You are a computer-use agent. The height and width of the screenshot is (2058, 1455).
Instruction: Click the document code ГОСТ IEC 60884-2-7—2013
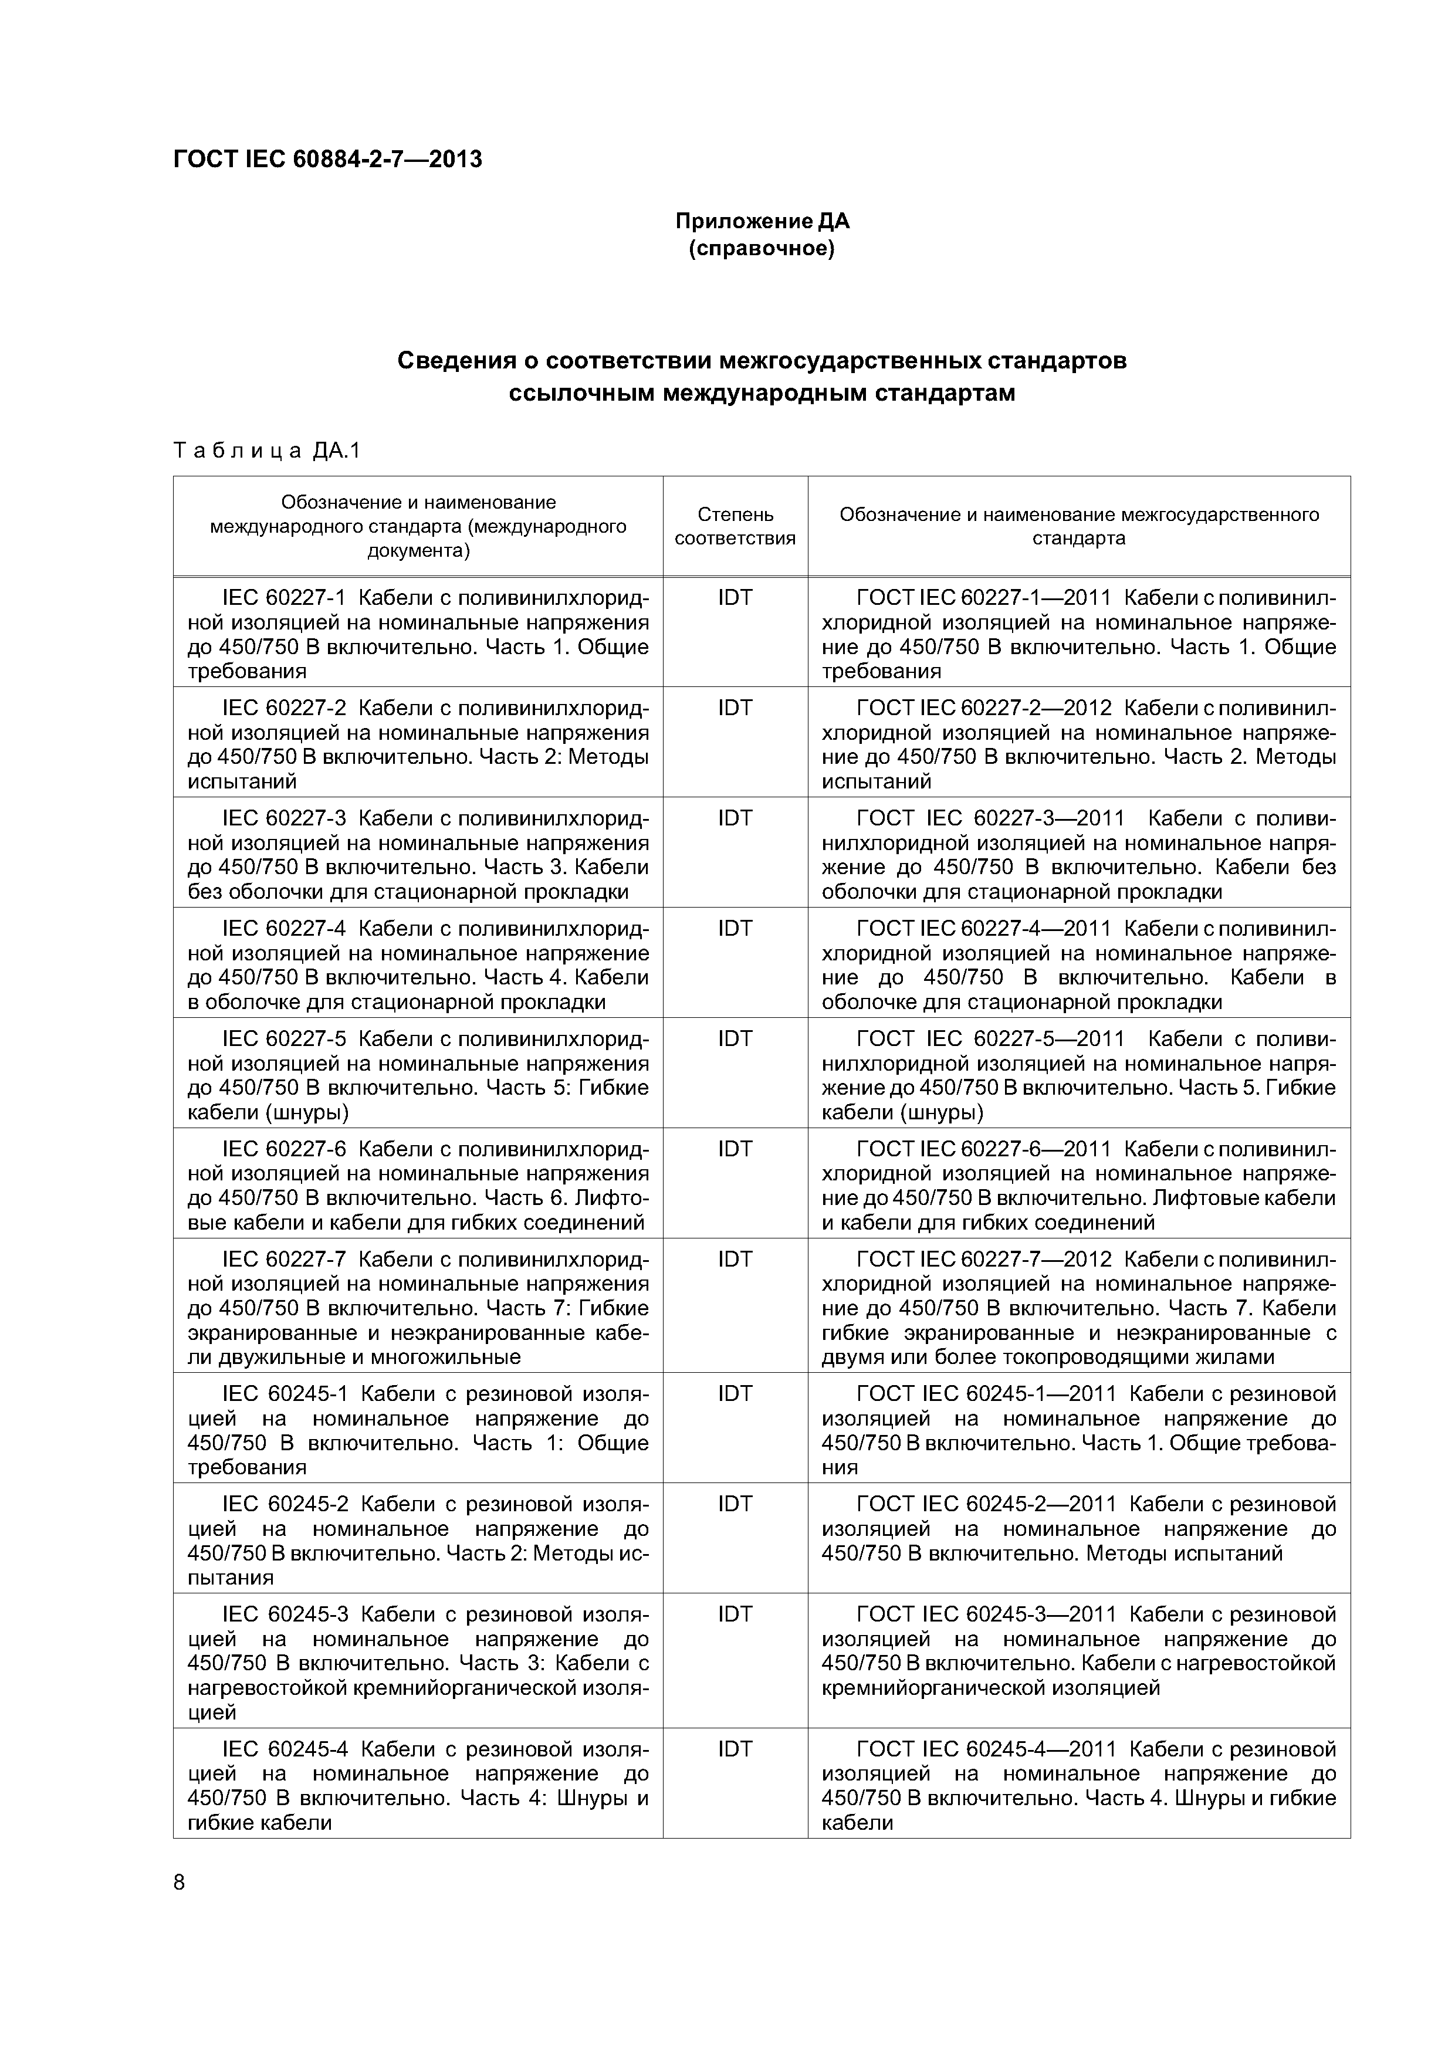point(327,160)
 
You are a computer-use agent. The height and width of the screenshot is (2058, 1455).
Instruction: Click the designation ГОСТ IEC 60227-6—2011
point(983,1149)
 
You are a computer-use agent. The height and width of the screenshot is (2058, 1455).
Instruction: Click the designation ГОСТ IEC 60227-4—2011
point(983,929)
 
